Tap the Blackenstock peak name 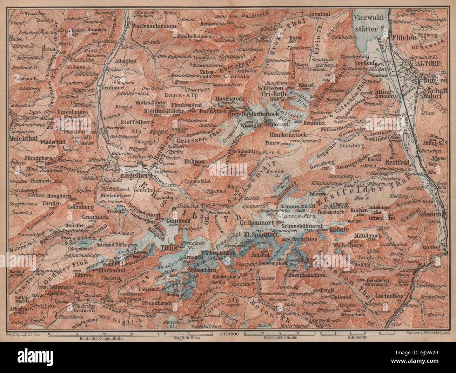coord(288,135)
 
